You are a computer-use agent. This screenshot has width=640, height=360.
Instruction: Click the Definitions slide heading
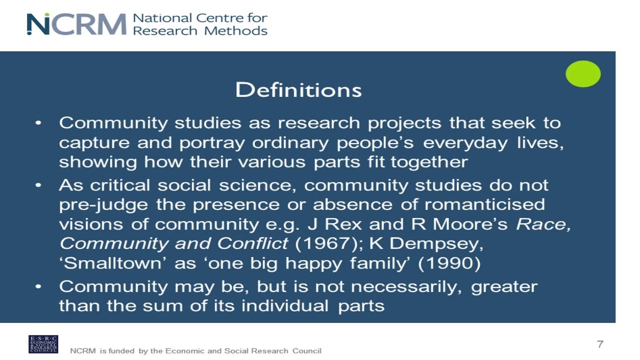[x=298, y=90]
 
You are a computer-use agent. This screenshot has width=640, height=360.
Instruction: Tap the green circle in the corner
[x=583, y=74]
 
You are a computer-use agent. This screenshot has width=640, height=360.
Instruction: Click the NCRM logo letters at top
[x=76, y=24]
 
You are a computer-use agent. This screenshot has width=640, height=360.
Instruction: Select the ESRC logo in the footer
[x=43, y=344]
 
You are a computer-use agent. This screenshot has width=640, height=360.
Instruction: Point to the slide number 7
[x=600, y=344]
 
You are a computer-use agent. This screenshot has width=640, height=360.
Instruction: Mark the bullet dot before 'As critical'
[x=38, y=185]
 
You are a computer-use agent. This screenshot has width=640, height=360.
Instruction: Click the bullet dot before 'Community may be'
[x=38, y=286]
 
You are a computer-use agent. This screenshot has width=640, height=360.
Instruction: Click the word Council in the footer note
[x=307, y=351]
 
